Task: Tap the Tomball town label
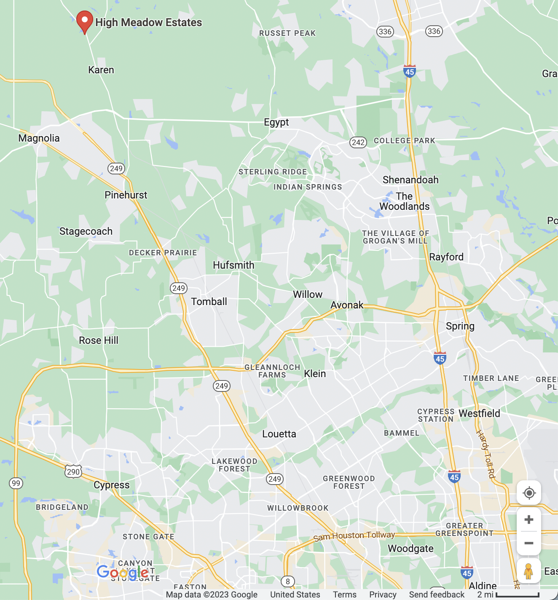[x=209, y=302]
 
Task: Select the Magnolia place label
[x=39, y=138]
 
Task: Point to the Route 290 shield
[x=73, y=471]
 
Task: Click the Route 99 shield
[x=16, y=483]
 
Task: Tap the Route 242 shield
[x=358, y=142]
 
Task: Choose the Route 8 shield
[x=288, y=581]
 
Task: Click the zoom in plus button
[x=529, y=520]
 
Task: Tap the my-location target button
[x=529, y=493]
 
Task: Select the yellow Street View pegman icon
[x=529, y=571]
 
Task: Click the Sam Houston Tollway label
[x=354, y=536]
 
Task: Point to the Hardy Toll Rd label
[x=486, y=454]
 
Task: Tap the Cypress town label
[x=112, y=485]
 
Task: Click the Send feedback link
[x=437, y=595]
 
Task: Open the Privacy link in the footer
[x=383, y=595]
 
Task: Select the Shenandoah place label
[x=410, y=180]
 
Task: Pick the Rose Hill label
[x=99, y=340]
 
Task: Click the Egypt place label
[x=276, y=122]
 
